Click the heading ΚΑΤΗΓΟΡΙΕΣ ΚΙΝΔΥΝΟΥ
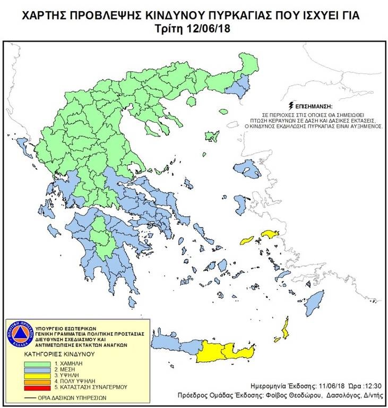coord(59,352)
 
